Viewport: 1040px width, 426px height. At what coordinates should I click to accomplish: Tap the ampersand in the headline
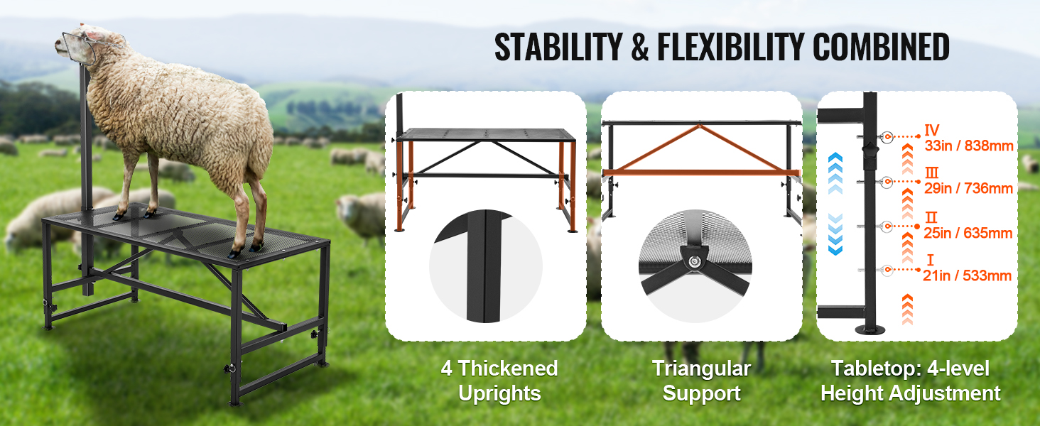[640, 48]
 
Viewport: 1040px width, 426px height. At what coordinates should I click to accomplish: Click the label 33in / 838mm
[968, 146]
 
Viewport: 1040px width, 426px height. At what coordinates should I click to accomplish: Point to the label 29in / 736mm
[968, 188]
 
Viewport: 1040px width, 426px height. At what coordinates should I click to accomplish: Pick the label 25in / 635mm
[968, 232]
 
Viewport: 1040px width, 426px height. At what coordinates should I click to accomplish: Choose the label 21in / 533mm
[967, 275]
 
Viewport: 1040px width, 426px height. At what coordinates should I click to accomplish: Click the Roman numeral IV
[932, 130]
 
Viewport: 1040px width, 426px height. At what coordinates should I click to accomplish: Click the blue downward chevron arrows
[835, 234]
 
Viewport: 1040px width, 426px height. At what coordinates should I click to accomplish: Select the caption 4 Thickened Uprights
[499, 381]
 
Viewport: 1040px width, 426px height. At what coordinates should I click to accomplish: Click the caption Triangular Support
[702, 381]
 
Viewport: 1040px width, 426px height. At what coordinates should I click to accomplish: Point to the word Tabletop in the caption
[877, 368]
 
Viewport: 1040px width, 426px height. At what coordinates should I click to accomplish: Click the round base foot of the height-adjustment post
[870, 329]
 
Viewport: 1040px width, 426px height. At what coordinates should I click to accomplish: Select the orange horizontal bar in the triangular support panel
[701, 173]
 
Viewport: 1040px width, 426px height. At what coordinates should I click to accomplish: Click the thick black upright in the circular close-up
[484, 266]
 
